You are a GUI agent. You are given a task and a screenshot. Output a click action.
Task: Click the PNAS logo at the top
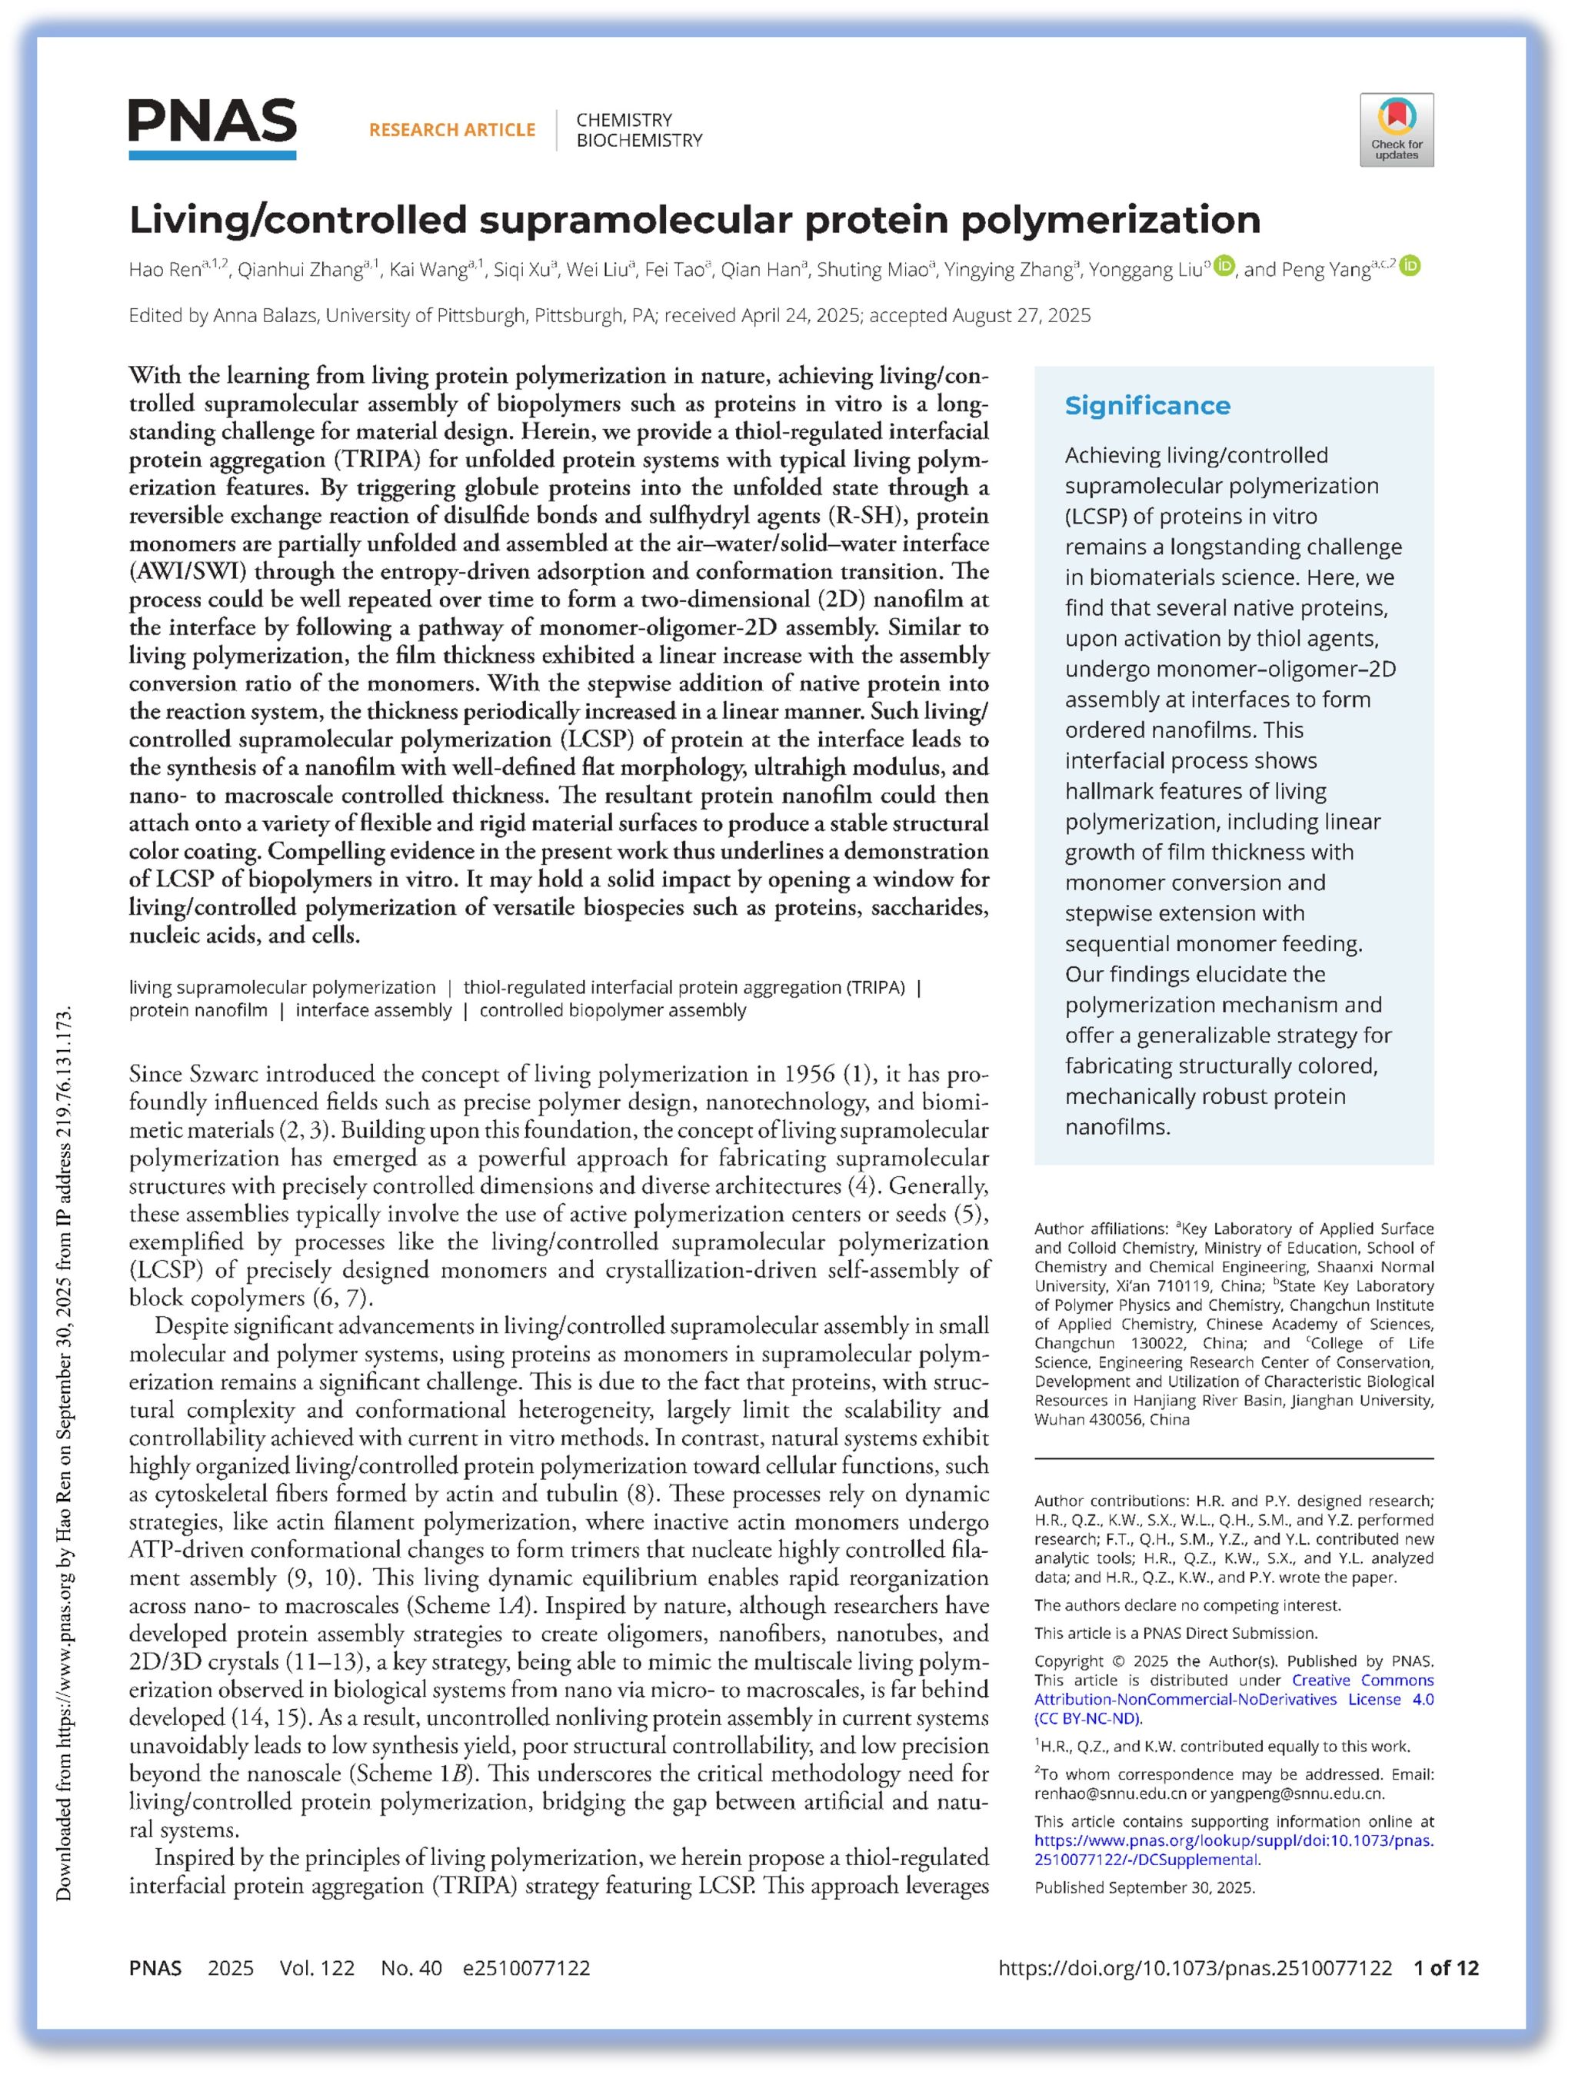coord(212,128)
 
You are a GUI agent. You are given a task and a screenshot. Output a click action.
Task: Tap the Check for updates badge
coord(1396,130)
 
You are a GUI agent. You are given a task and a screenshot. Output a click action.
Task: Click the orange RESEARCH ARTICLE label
coord(452,130)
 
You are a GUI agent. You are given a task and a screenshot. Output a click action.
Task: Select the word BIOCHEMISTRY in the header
coord(639,141)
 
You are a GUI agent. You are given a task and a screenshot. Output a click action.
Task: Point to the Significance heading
coord(1147,406)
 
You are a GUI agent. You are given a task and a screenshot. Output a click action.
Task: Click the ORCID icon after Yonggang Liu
coord(1223,267)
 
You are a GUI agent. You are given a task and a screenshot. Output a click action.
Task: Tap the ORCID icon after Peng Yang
coord(1410,267)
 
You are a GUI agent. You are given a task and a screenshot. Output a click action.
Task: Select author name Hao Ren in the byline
coord(165,271)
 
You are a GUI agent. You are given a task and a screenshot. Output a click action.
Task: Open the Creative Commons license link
coord(1233,1700)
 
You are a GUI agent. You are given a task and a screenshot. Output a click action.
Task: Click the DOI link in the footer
coord(1194,1968)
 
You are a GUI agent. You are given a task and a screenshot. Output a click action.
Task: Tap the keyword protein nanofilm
coord(198,1011)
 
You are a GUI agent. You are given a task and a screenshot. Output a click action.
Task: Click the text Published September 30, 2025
coord(1144,1887)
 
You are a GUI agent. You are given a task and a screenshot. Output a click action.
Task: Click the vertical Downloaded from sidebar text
coord(64,1456)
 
